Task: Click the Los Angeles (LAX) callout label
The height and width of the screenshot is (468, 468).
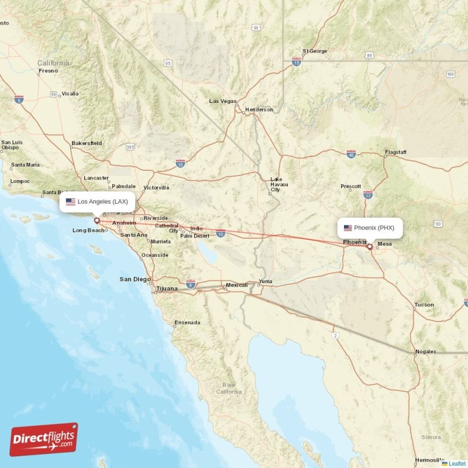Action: (98, 202)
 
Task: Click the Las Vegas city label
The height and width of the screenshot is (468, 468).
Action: (223, 101)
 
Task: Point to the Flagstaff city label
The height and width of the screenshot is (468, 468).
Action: (395, 152)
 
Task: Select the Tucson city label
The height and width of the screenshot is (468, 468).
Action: (424, 305)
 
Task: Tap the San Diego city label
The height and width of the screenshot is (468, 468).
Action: (135, 279)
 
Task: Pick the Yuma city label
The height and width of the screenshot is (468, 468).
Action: (266, 281)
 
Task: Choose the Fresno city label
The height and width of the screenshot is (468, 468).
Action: (48, 71)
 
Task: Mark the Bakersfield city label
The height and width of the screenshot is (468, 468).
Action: (87, 143)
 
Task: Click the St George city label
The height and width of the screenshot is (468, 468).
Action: (315, 51)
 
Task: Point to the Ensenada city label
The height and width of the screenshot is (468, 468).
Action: (187, 322)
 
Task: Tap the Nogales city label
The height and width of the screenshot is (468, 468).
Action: (425, 352)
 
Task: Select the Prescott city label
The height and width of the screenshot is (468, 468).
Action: (351, 187)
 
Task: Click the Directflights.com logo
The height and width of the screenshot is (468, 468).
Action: (44, 439)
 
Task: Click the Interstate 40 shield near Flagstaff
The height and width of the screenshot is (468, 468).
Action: (351, 154)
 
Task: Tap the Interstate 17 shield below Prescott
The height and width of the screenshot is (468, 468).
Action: (368, 194)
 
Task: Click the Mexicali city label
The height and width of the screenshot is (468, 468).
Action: (237, 285)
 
